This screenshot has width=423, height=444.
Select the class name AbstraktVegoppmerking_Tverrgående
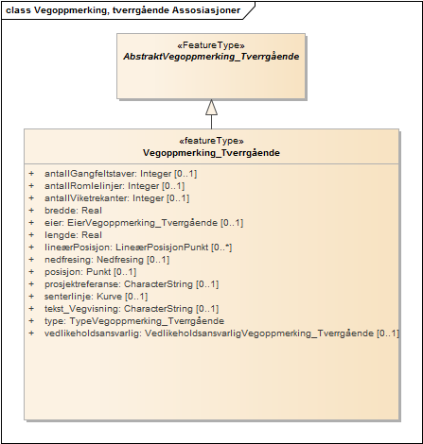click(211, 57)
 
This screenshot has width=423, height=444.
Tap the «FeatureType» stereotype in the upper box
click(211, 44)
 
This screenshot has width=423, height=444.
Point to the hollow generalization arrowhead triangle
click(211, 107)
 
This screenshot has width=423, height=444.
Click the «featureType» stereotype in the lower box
click(211, 140)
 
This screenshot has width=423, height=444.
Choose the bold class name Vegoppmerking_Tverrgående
click(211, 152)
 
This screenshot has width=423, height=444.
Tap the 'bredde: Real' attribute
click(73, 211)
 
